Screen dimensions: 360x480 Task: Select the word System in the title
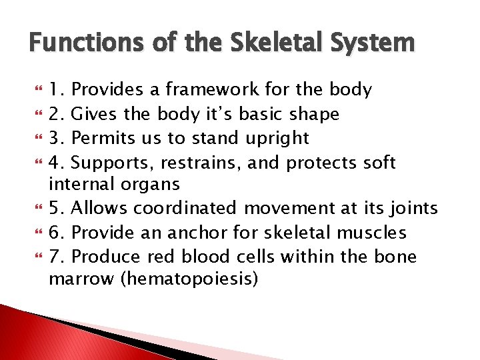[x=377, y=44]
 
